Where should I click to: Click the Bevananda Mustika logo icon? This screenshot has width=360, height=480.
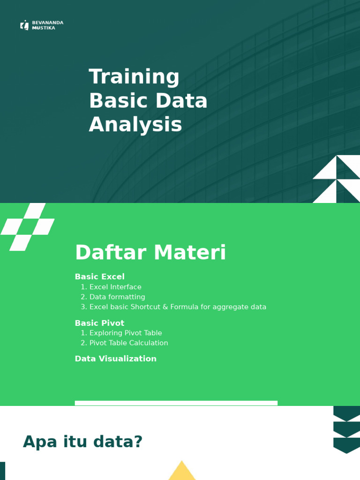(x=24, y=25)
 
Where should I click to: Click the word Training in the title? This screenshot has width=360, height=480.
(x=134, y=77)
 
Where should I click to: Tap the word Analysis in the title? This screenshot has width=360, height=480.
(x=135, y=125)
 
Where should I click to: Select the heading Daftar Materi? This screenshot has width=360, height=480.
(x=150, y=253)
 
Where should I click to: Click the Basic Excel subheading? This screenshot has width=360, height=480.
(x=99, y=277)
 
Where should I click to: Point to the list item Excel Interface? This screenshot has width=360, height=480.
(x=115, y=287)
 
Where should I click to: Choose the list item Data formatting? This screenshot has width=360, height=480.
(x=117, y=297)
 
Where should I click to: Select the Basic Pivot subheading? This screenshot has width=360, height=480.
(x=99, y=323)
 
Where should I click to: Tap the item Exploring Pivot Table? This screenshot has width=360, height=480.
(x=126, y=333)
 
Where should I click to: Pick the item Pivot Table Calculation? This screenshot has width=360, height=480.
(x=128, y=343)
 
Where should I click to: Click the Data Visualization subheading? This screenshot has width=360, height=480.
(x=115, y=359)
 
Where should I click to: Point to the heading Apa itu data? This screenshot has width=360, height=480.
(x=82, y=442)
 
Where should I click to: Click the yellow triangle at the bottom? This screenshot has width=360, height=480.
(x=182, y=472)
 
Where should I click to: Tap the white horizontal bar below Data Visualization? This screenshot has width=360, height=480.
(x=176, y=403)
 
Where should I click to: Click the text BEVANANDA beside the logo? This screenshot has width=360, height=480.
(x=47, y=22)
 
